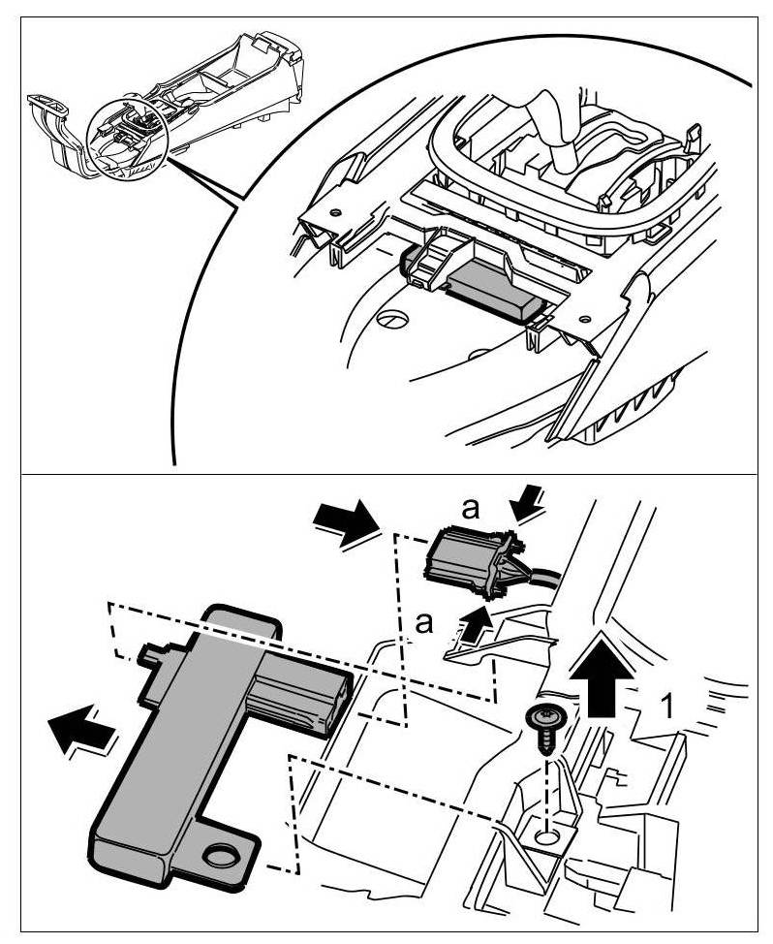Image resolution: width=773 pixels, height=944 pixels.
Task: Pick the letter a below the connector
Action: [423, 622]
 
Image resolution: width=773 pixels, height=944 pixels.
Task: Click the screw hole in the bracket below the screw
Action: [550, 833]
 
